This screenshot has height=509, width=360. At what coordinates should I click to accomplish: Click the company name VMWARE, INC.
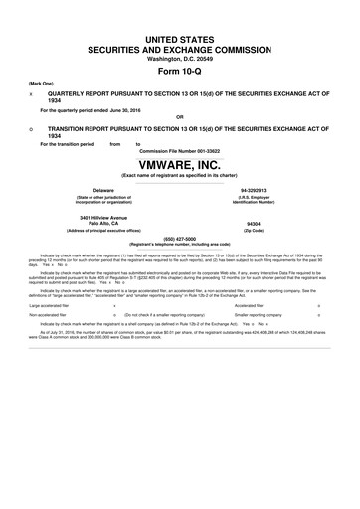[x=180, y=164]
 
